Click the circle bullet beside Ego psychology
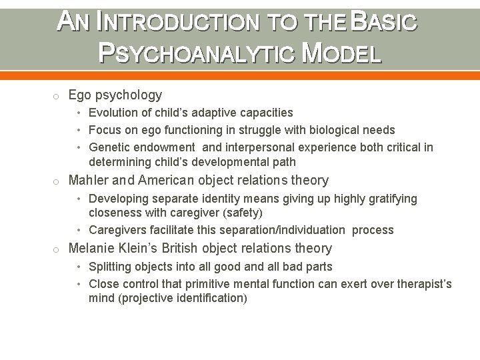click(x=59, y=95)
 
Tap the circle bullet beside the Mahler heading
click(x=59, y=181)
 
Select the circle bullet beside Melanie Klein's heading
click(x=59, y=249)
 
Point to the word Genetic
click(x=109, y=147)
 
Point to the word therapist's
click(x=426, y=283)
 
